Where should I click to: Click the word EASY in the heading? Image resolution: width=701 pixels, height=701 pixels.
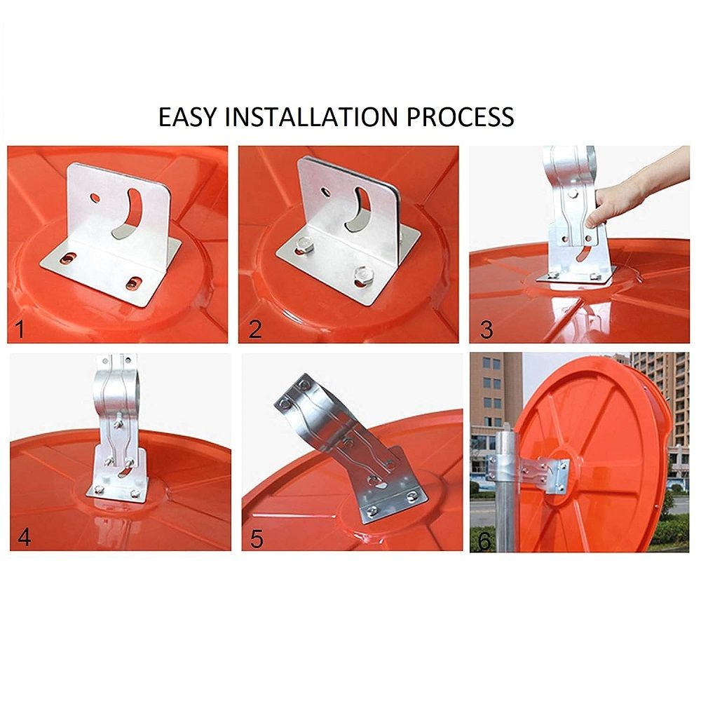point(187,116)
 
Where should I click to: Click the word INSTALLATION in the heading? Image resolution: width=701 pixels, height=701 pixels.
point(311,116)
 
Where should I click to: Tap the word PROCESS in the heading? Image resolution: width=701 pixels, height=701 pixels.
point(460,116)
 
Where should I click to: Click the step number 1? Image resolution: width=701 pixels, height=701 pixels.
point(19,330)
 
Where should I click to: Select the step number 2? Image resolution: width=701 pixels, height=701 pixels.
point(255,329)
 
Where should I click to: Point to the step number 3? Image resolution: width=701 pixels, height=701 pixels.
point(486,329)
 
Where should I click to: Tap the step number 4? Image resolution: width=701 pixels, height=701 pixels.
point(24,537)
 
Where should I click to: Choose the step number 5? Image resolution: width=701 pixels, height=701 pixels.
point(257,538)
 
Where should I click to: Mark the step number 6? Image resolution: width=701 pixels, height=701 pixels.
point(485,541)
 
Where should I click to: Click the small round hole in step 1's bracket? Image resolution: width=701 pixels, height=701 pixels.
point(95,197)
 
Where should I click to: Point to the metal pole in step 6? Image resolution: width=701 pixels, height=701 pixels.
point(508,492)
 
